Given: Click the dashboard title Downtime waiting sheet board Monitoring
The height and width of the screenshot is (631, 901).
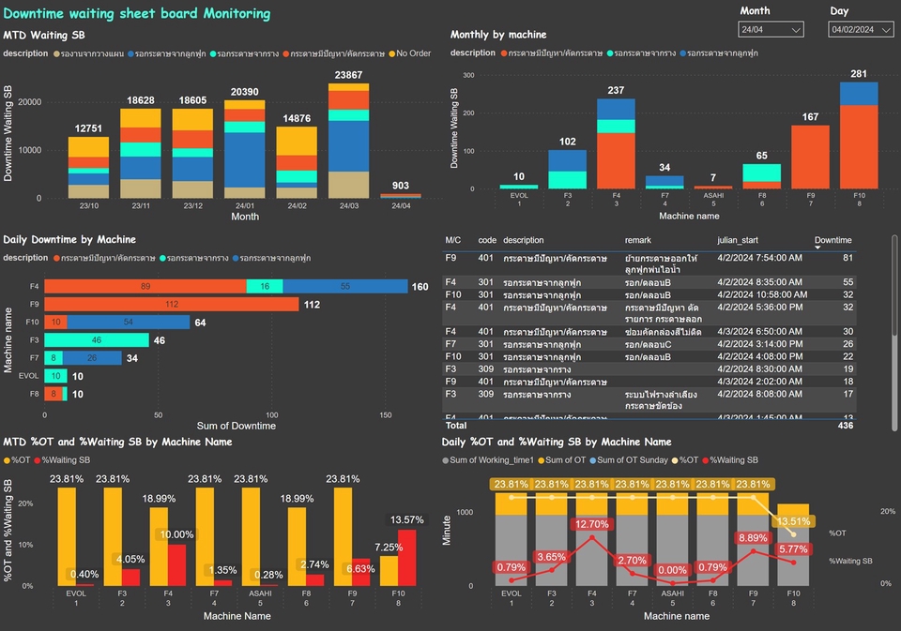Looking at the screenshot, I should pyautogui.click(x=137, y=14).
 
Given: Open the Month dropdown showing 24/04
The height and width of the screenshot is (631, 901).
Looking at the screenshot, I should pyautogui.click(x=771, y=30).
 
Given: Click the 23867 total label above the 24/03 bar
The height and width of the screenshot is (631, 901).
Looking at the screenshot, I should pyautogui.click(x=348, y=75).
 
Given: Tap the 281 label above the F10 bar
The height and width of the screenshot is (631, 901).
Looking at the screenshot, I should pyautogui.click(x=858, y=74).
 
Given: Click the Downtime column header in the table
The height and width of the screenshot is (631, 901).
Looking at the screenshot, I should pyautogui.click(x=832, y=240).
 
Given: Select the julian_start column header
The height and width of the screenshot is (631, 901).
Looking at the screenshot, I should pyautogui.click(x=740, y=240).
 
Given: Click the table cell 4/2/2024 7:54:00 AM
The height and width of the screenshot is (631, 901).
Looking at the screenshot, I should pyautogui.click(x=758, y=258).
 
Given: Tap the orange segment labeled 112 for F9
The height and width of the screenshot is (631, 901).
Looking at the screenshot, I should pyautogui.click(x=171, y=304).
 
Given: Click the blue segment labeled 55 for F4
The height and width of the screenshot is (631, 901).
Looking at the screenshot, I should pyautogui.click(x=345, y=286).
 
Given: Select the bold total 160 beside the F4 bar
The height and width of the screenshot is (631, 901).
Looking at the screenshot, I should pyautogui.click(x=420, y=287).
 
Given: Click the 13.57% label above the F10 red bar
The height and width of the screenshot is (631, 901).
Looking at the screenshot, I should pyautogui.click(x=407, y=519).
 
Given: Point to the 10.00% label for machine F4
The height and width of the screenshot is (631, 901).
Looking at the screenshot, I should pyautogui.click(x=176, y=534).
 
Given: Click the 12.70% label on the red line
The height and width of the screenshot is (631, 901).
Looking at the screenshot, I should pyautogui.click(x=590, y=525).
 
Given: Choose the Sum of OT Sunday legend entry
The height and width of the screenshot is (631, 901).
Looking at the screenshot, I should pyautogui.click(x=634, y=460).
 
